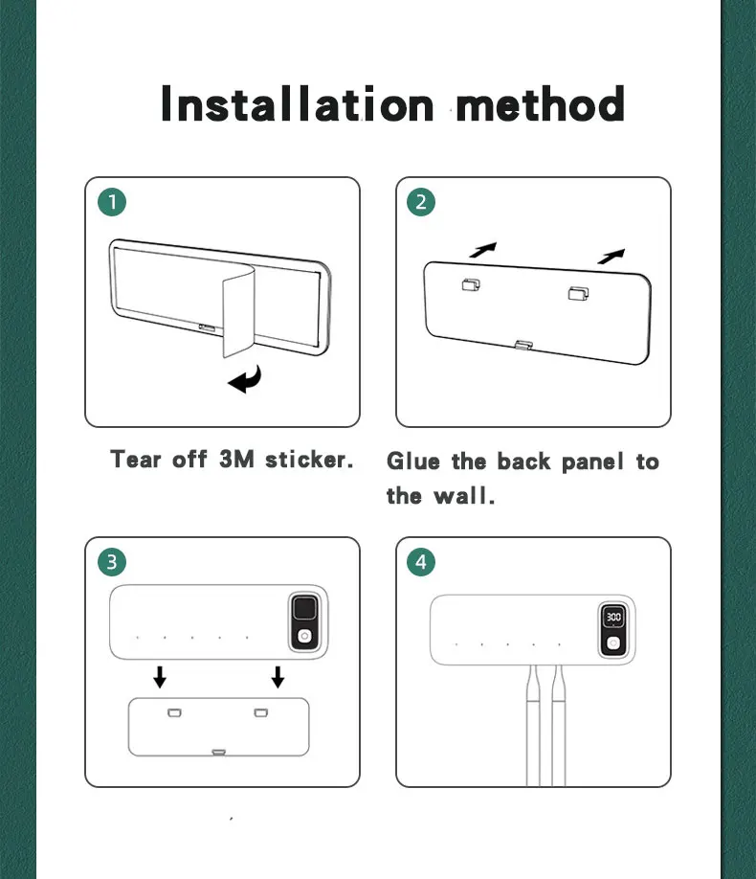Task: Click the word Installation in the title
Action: [297, 103]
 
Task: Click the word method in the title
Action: [541, 103]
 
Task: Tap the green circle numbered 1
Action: [112, 202]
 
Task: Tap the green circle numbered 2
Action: [421, 202]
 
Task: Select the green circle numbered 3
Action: [112, 562]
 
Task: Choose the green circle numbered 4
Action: [421, 562]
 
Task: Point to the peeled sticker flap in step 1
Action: [238, 314]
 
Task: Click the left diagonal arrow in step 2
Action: [483, 250]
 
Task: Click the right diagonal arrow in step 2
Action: [611, 257]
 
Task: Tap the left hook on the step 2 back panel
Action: [471, 284]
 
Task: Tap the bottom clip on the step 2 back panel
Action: [524, 345]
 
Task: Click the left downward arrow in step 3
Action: [160, 677]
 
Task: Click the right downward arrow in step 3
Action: [278, 677]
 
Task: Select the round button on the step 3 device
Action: [304, 636]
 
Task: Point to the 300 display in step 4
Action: [613, 617]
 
